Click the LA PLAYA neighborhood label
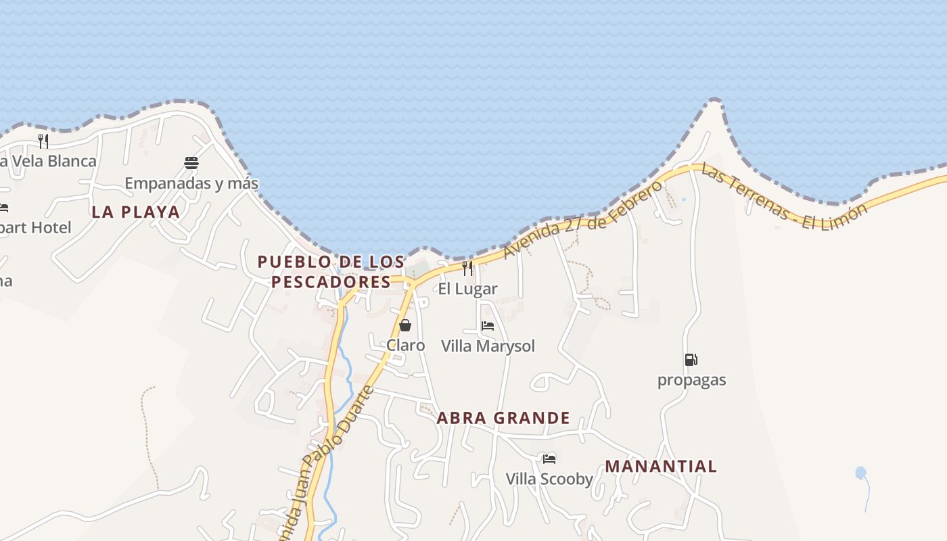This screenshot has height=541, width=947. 135,212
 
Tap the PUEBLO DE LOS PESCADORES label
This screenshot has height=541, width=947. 331,271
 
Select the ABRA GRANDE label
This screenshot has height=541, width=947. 503,418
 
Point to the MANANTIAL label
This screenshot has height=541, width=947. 661,466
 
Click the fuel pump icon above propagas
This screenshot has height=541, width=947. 691,360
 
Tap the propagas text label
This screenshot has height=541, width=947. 691,380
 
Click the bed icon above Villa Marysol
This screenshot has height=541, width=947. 487,326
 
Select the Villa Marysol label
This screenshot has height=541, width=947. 488,346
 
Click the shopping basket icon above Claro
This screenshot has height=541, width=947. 405,325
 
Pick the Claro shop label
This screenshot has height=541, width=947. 406,346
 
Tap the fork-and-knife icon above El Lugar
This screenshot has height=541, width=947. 467,268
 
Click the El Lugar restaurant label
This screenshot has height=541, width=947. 467,289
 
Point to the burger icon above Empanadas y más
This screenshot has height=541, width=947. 191,162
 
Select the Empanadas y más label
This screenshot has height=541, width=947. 191,183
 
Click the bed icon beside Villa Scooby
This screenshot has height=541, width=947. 549,458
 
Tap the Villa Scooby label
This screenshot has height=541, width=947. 549,479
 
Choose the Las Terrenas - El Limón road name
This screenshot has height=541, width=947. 783,196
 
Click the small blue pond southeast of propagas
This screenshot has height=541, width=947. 860,473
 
